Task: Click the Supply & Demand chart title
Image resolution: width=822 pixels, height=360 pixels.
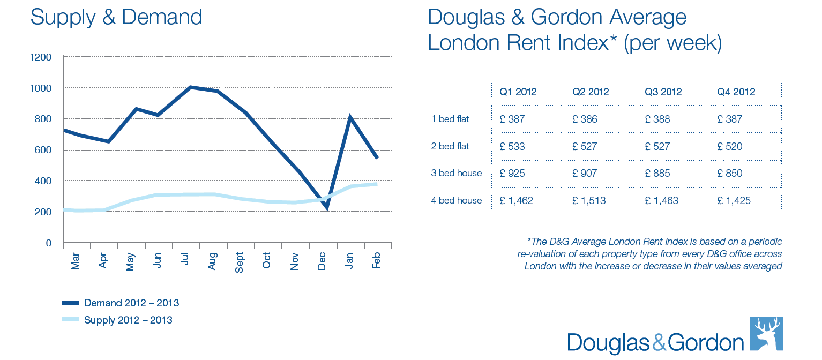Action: point(116,17)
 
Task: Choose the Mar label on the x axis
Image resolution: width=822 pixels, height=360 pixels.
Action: point(75,260)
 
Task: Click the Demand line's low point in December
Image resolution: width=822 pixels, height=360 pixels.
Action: point(327,208)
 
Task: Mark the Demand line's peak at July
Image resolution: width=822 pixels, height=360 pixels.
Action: point(190,87)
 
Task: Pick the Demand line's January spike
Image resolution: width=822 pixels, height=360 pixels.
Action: point(350,117)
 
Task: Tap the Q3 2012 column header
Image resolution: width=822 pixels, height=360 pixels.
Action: point(663,92)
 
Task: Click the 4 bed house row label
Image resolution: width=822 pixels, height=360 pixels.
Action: point(457,200)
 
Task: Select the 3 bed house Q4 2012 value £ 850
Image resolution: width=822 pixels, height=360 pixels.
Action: point(730,174)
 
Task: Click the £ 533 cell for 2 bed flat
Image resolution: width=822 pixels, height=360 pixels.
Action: point(512,146)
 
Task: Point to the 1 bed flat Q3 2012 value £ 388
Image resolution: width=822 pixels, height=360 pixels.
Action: point(658,119)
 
